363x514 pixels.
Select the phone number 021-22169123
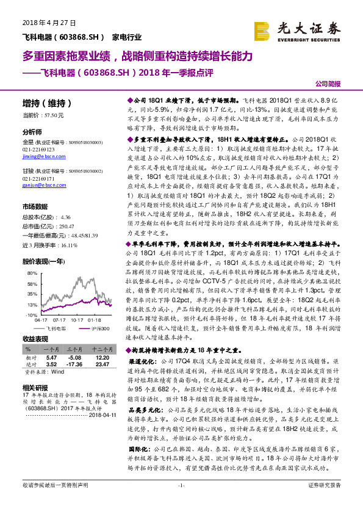[38, 149]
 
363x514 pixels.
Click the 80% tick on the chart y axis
[32, 266]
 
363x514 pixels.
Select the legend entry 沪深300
[99, 328]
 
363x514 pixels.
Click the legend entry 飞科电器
[57, 328]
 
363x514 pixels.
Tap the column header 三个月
[74, 347]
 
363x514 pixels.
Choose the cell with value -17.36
[74, 364]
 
